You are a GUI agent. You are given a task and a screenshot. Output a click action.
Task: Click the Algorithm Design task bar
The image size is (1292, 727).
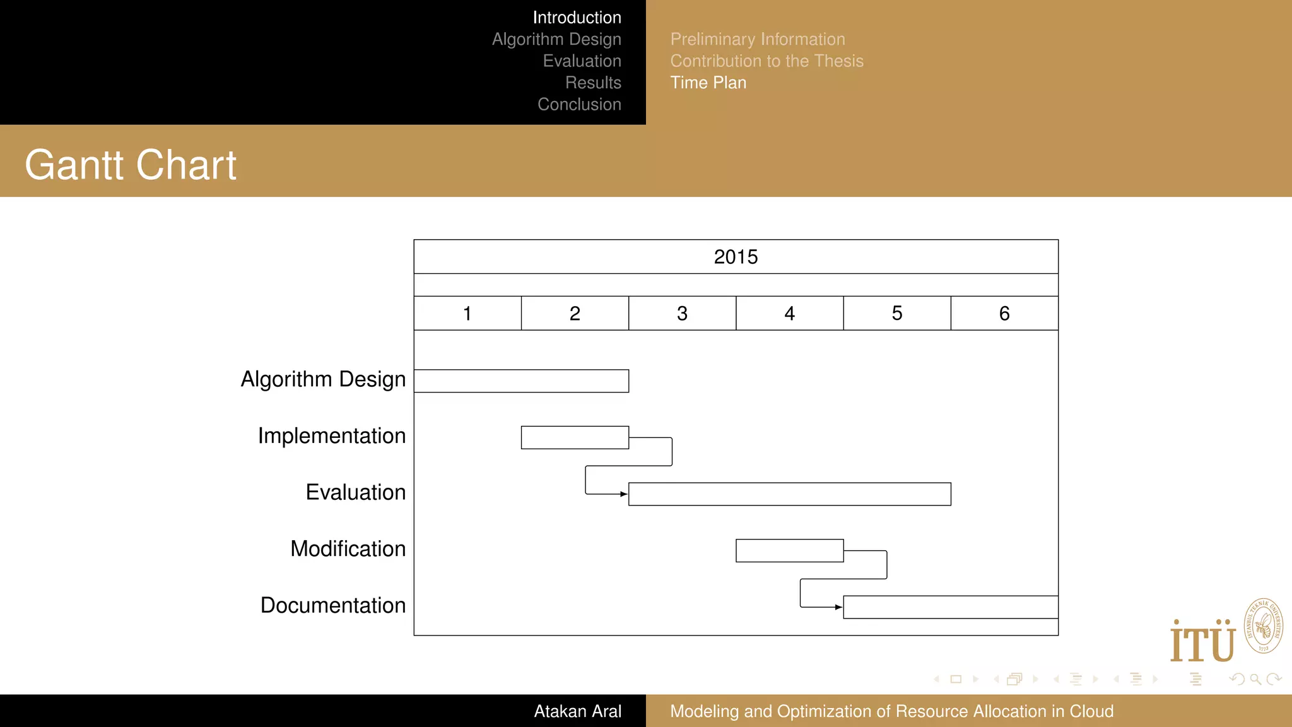point(521,381)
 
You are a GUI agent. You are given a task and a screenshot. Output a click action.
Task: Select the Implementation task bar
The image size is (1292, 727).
point(575,437)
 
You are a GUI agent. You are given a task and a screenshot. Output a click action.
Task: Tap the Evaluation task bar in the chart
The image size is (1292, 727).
point(789,494)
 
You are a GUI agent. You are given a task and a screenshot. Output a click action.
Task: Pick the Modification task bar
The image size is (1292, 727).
point(789,550)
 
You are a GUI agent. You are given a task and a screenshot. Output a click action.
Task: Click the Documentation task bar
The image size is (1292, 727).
point(950,607)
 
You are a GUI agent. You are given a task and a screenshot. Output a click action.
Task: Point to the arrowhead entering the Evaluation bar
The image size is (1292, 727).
point(624,494)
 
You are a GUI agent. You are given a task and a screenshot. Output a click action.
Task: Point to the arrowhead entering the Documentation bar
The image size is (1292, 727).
point(838,607)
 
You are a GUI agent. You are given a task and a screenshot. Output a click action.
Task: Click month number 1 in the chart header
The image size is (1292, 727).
point(467,314)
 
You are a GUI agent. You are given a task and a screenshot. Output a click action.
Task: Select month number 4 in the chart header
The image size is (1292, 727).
point(789,314)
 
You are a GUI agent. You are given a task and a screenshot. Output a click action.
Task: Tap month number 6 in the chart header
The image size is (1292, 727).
point(1004,314)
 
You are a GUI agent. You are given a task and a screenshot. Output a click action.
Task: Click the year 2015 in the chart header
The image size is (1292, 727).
point(736,257)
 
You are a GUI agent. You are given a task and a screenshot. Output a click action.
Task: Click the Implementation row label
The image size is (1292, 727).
point(332,436)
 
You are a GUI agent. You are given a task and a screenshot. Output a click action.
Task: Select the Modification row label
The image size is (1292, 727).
point(348,549)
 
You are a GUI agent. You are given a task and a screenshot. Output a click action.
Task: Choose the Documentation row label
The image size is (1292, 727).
point(333,606)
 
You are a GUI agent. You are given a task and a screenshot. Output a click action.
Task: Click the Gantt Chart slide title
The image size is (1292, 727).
point(131,165)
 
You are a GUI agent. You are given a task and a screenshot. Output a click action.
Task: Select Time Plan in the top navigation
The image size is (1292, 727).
point(708,83)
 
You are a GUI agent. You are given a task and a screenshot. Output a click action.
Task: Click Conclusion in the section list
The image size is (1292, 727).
point(579,105)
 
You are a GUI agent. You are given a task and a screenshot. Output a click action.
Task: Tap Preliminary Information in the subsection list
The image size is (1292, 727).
point(757,39)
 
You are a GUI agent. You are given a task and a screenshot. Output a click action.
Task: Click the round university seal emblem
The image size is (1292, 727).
point(1263,626)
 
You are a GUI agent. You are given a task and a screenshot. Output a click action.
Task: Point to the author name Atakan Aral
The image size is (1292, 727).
point(577,711)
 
